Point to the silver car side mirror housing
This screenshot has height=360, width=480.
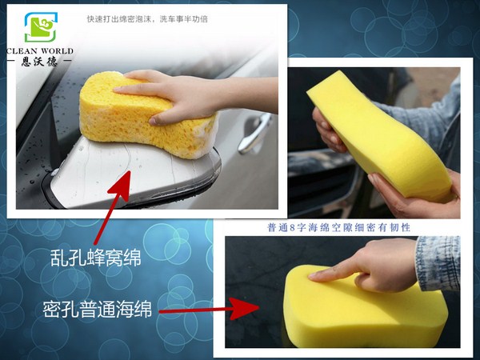[x=144, y=176]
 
